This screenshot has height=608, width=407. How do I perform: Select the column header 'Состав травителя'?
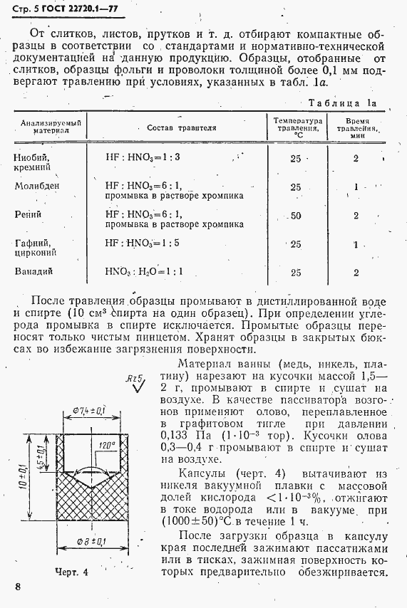(x=181, y=128)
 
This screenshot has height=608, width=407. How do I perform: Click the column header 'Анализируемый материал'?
(x=49, y=127)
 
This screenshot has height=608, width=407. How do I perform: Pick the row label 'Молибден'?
(x=38, y=187)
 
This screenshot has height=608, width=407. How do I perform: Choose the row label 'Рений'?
(x=29, y=214)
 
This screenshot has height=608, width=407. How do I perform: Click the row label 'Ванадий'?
(x=34, y=271)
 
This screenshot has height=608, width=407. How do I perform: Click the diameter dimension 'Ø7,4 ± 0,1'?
(x=89, y=411)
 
